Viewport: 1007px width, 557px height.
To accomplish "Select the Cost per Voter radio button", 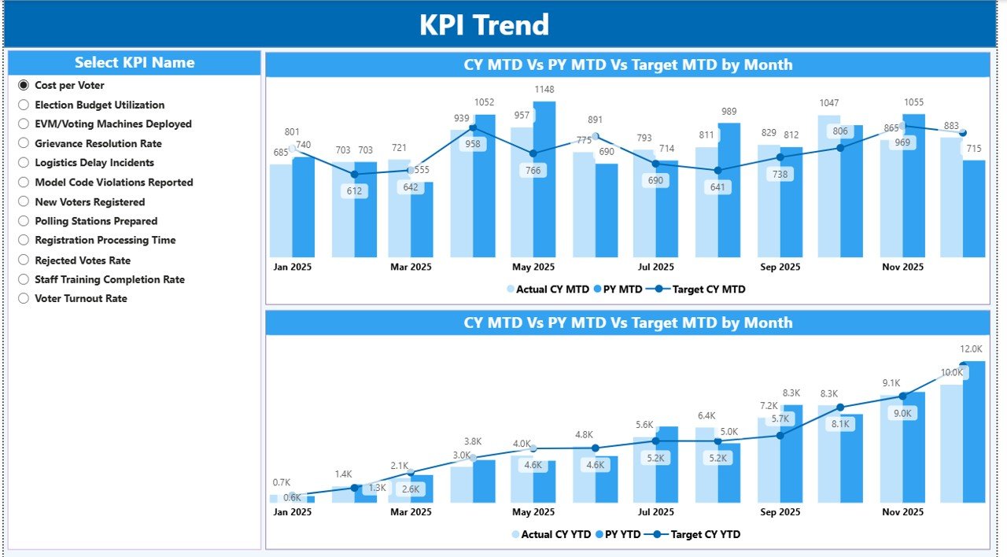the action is pyautogui.click(x=24, y=85).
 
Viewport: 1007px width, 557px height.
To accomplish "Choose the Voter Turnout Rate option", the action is pyautogui.click(x=24, y=298).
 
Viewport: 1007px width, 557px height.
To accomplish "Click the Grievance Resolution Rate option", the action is pyautogui.click(x=24, y=143).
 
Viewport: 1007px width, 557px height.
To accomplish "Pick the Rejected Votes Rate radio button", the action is pyautogui.click(x=24, y=260).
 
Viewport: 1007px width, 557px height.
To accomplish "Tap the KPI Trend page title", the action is pyautogui.click(x=484, y=25).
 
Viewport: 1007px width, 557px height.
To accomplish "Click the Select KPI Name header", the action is pyautogui.click(x=135, y=63).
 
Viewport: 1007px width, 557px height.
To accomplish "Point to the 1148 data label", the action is pyautogui.click(x=544, y=89).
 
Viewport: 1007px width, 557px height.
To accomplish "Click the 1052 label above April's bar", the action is pyautogui.click(x=484, y=102).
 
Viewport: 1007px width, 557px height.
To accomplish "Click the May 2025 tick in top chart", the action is pyautogui.click(x=533, y=267).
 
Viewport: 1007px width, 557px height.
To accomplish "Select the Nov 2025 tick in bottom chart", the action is pyautogui.click(x=902, y=511).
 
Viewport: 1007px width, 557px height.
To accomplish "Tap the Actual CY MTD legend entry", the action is pyautogui.click(x=551, y=289).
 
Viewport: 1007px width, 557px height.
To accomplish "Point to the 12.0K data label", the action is pyautogui.click(x=971, y=349).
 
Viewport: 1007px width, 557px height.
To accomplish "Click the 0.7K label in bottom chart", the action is pyautogui.click(x=282, y=482).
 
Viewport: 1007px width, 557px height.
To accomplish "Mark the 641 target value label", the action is pyautogui.click(x=717, y=187).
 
